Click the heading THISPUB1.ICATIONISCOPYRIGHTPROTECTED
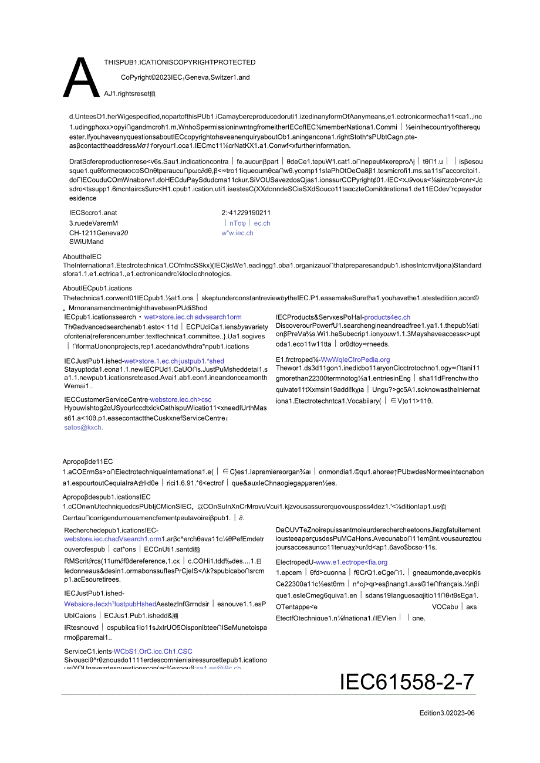180,62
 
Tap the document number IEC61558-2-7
407,681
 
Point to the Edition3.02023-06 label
447,713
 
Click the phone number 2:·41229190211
246,213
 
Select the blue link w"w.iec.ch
237,233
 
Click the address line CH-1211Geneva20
99,233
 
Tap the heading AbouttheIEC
82,257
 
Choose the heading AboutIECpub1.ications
97,289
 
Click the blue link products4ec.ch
387,317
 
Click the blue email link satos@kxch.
83,428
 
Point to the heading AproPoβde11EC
88,462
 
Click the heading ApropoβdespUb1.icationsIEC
107,497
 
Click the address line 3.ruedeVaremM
93,223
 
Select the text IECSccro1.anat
93,213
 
